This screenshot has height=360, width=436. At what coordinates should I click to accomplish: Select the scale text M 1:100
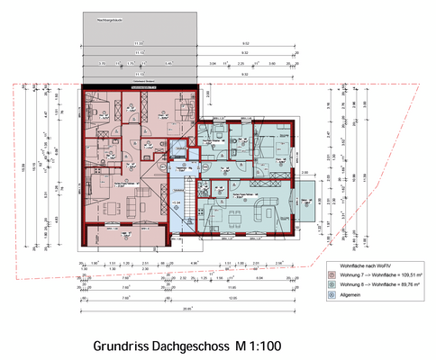tap(261, 346)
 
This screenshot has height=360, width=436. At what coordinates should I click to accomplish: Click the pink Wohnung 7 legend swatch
tap(332, 275)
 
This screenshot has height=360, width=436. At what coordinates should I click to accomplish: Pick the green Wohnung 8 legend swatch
tap(332, 284)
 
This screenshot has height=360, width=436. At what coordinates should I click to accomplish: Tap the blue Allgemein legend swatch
tap(332, 294)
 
